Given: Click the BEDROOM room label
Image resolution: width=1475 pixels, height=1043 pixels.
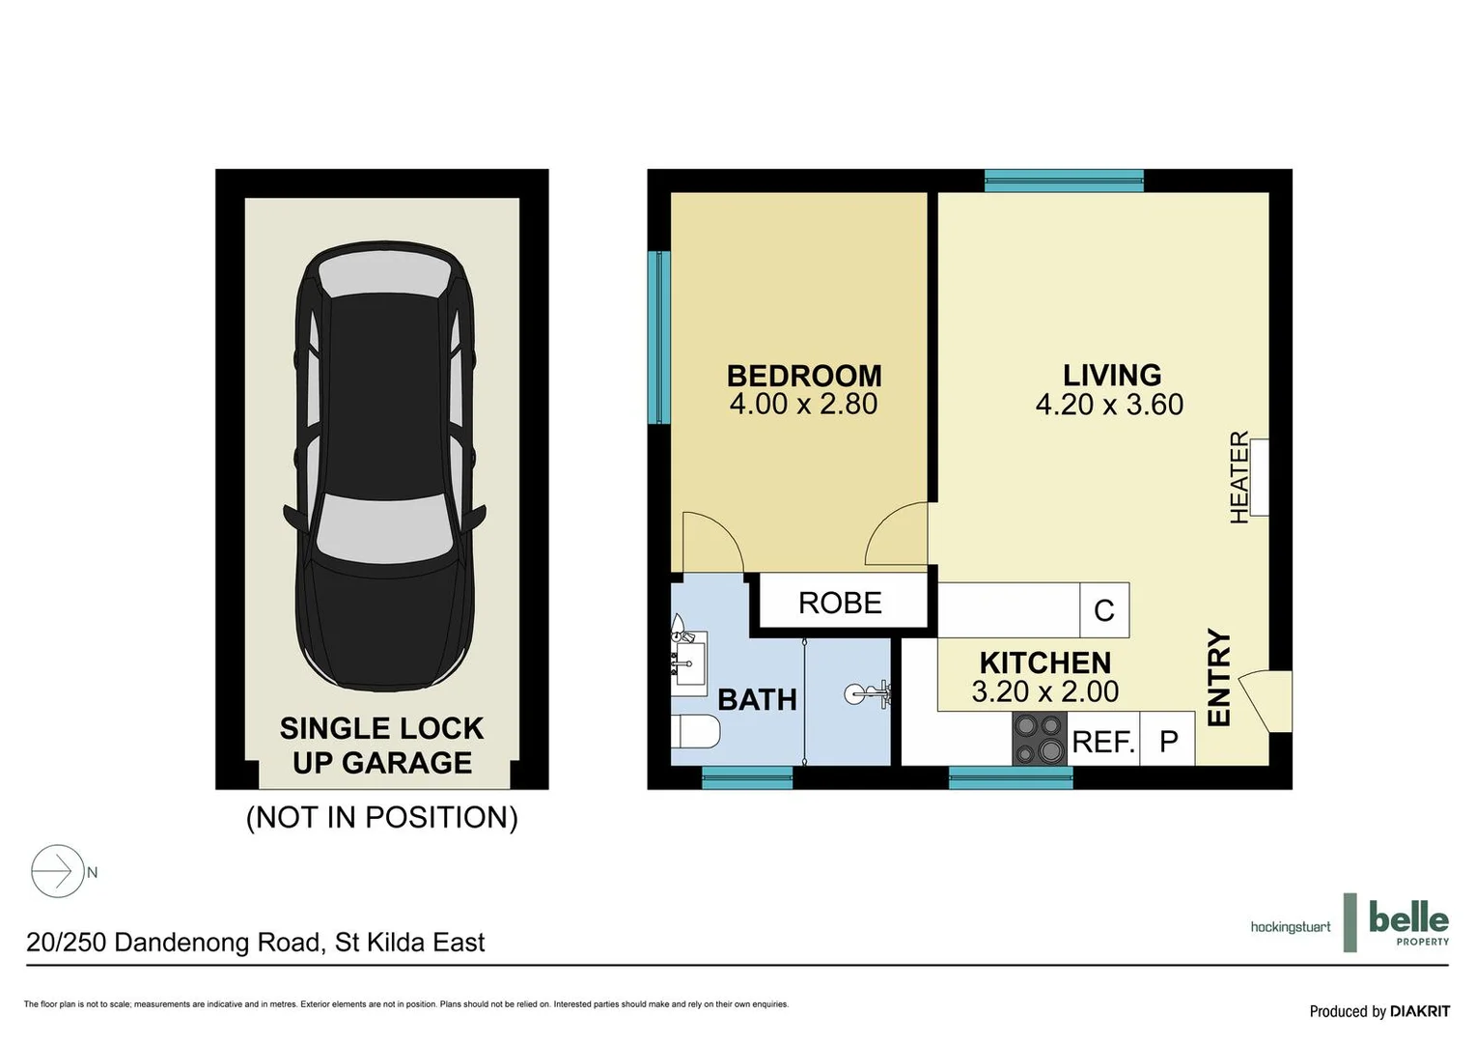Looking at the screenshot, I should [803, 375].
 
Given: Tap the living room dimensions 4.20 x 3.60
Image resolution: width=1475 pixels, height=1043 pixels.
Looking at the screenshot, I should [1109, 405].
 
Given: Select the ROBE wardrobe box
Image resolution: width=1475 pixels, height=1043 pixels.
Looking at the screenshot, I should [840, 603].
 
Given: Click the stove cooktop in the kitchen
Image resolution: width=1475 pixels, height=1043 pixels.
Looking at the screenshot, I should [1039, 739].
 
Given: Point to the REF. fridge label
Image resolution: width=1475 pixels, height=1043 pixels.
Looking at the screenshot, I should [1102, 742].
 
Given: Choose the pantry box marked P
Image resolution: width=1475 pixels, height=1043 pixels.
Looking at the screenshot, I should [1168, 741].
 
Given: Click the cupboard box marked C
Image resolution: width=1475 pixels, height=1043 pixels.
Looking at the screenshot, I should [1104, 610].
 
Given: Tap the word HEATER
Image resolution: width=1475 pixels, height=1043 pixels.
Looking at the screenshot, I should [1238, 477].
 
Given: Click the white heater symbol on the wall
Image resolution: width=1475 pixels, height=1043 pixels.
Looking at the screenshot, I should [1259, 477].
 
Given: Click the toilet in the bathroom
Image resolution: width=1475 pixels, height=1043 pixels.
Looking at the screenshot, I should [695, 732].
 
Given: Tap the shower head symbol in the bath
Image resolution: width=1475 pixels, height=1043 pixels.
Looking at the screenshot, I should [866, 693].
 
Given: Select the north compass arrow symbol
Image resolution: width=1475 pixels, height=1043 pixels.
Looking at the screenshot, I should [58, 872].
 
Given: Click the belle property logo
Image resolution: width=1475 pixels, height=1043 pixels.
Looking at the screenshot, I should [1407, 922].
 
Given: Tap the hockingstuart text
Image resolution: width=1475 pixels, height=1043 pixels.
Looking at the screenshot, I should [1290, 927].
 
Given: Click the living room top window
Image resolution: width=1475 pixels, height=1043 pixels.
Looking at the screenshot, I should [1064, 181].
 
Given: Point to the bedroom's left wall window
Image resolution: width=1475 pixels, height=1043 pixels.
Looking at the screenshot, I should [659, 337].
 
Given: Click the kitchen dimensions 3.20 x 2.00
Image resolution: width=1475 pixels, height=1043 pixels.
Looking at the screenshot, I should [1044, 691].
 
